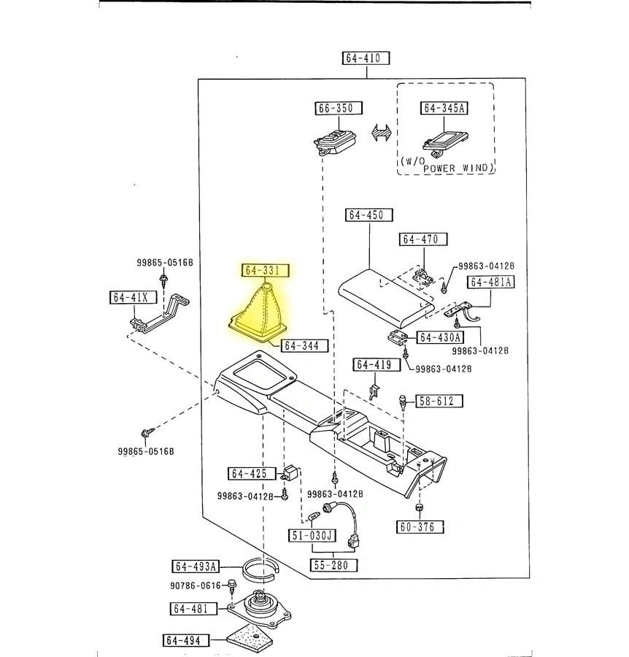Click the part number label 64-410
(x=365, y=58)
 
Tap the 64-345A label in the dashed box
(x=444, y=108)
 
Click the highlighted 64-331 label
(x=266, y=271)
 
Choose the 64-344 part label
(x=305, y=345)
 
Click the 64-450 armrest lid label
(x=369, y=215)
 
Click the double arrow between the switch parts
(x=381, y=134)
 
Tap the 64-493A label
(x=196, y=566)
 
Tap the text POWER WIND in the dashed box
(x=458, y=169)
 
